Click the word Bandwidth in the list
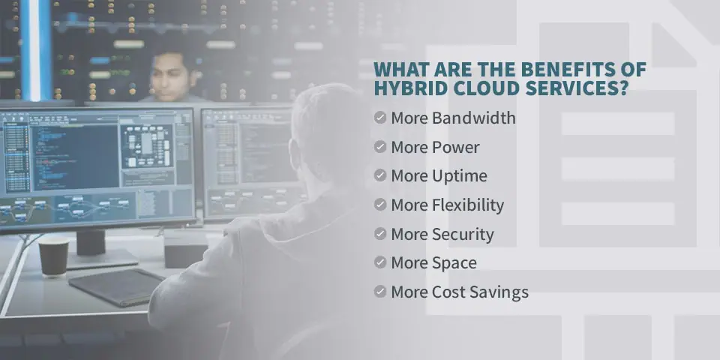[474, 118]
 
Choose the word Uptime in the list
[460, 176]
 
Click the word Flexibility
[468, 205]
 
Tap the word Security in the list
[463, 235]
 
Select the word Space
[454, 263]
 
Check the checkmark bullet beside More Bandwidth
[380, 118]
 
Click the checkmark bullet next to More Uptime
[380, 175]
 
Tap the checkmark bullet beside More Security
[380, 234]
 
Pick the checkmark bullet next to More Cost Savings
[380, 292]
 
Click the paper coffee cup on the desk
[53, 256]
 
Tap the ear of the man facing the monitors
[295, 154]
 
